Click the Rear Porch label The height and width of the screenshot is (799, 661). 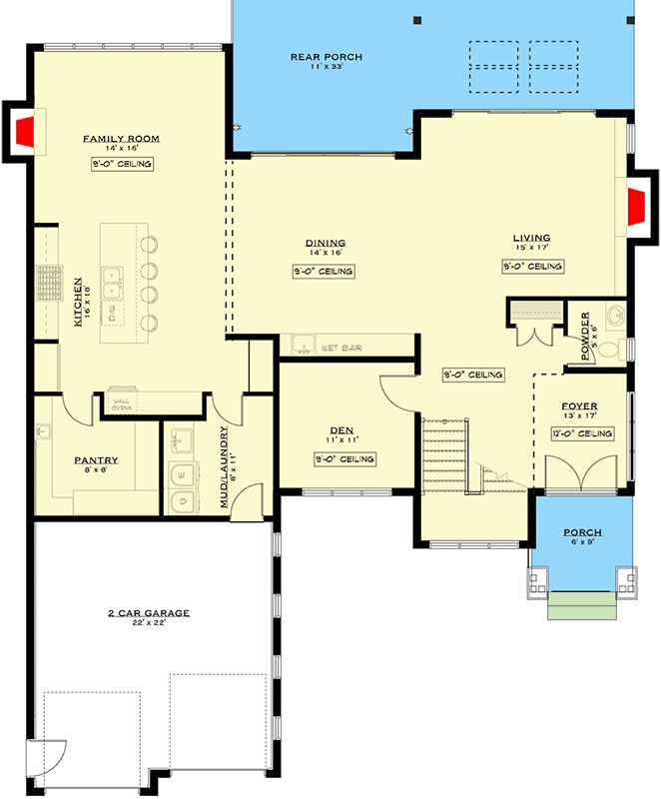pos(326,57)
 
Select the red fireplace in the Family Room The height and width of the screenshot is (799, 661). pos(24,130)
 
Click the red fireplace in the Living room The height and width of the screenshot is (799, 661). pos(637,210)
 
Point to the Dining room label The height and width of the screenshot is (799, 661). pos(326,243)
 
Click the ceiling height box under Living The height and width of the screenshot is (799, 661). pos(532,267)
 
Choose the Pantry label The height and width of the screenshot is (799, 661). pos(96,460)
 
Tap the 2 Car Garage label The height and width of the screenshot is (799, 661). pos(149,613)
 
